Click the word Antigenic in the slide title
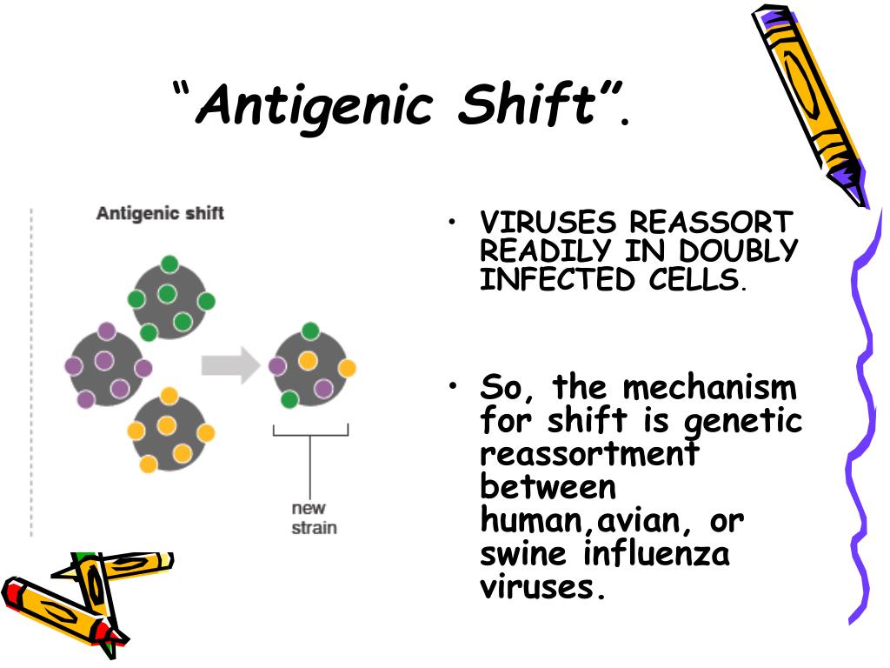click(x=314, y=107)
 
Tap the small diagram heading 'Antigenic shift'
click(x=160, y=213)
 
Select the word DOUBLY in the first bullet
click(x=740, y=251)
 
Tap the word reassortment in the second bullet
click(x=589, y=454)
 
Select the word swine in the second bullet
click(x=525, y=553)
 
